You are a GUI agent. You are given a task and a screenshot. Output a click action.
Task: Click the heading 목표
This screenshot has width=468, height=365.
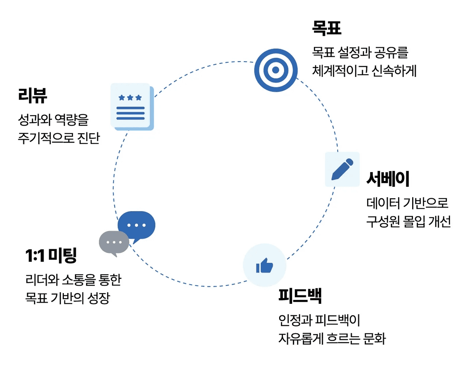(327, 28)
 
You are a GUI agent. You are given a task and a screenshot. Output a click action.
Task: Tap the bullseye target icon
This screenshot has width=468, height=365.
(276, 70)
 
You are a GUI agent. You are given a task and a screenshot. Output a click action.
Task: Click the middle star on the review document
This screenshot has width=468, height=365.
(130, 98)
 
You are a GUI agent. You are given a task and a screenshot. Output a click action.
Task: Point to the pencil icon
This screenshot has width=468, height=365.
(342, 169)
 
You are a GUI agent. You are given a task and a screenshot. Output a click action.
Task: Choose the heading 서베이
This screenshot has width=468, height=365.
(388, 179)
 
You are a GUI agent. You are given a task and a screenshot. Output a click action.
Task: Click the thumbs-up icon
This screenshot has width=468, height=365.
(264, 265)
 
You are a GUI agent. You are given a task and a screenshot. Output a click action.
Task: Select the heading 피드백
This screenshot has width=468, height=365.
(300, 296)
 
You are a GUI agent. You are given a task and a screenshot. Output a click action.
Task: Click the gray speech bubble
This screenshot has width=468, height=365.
(114, 243)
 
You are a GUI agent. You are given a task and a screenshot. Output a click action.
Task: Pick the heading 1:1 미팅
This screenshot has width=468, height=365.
(51, 256)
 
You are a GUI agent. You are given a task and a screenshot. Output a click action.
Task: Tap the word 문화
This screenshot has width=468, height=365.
(374, 338)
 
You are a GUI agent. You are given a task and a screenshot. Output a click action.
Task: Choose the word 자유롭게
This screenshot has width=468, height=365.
(301, 338)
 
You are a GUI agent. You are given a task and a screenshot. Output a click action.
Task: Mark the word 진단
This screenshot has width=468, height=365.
(88, 138)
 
